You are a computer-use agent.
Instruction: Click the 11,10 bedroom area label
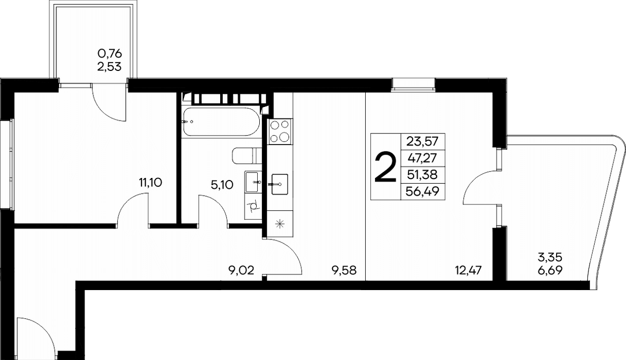click(151, 183)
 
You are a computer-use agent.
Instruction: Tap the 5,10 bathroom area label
click(222, 185)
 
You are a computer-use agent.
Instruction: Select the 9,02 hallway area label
click(242, 270)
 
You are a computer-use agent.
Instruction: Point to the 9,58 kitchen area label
click(344, 270)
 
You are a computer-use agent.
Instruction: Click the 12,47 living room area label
click(468, 270)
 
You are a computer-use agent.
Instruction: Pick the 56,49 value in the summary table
click(422, 191)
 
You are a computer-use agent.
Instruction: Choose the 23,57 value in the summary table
click(422, 142)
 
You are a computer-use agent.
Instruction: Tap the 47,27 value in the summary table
click(422, 159)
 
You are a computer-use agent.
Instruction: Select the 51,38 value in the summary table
click(422, 175)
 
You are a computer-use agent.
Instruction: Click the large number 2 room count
click(386, 167)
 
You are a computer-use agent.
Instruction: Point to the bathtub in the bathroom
click(221, 122)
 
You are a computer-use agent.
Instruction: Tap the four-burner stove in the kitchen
click(280, 131)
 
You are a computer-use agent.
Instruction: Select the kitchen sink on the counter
click(280, 184)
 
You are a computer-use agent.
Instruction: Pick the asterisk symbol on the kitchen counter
click(280, 224)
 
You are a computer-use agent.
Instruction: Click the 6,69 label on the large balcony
click(550, 270)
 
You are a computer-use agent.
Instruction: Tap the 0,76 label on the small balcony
click(110, 53)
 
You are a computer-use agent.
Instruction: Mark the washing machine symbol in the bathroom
click(253, 207)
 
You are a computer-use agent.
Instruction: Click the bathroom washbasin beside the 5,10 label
click(253, 182)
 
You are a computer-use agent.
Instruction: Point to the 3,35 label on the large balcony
click(549, 257)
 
